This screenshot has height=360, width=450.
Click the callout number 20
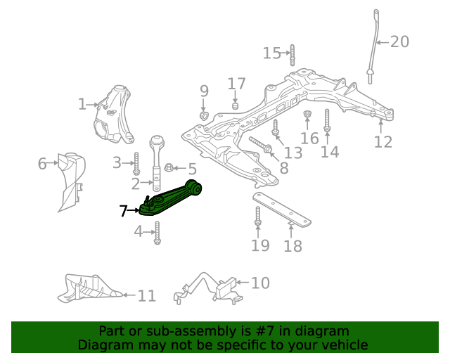coord(399,42)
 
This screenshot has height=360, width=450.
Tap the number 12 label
coord(382,142)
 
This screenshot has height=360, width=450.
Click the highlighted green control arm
coord(169,200)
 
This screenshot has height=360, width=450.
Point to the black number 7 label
coord(123,210)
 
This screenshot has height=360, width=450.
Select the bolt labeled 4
coord(157,233)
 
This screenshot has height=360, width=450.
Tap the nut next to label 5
coord(169,168)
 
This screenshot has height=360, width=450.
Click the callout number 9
coord(204,91)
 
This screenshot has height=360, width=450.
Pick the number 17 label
coord(236,84)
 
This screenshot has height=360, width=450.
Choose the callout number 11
coord(146,296)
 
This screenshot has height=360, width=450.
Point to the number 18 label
coord(292,246)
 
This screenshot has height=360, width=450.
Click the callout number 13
coord(292,153)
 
